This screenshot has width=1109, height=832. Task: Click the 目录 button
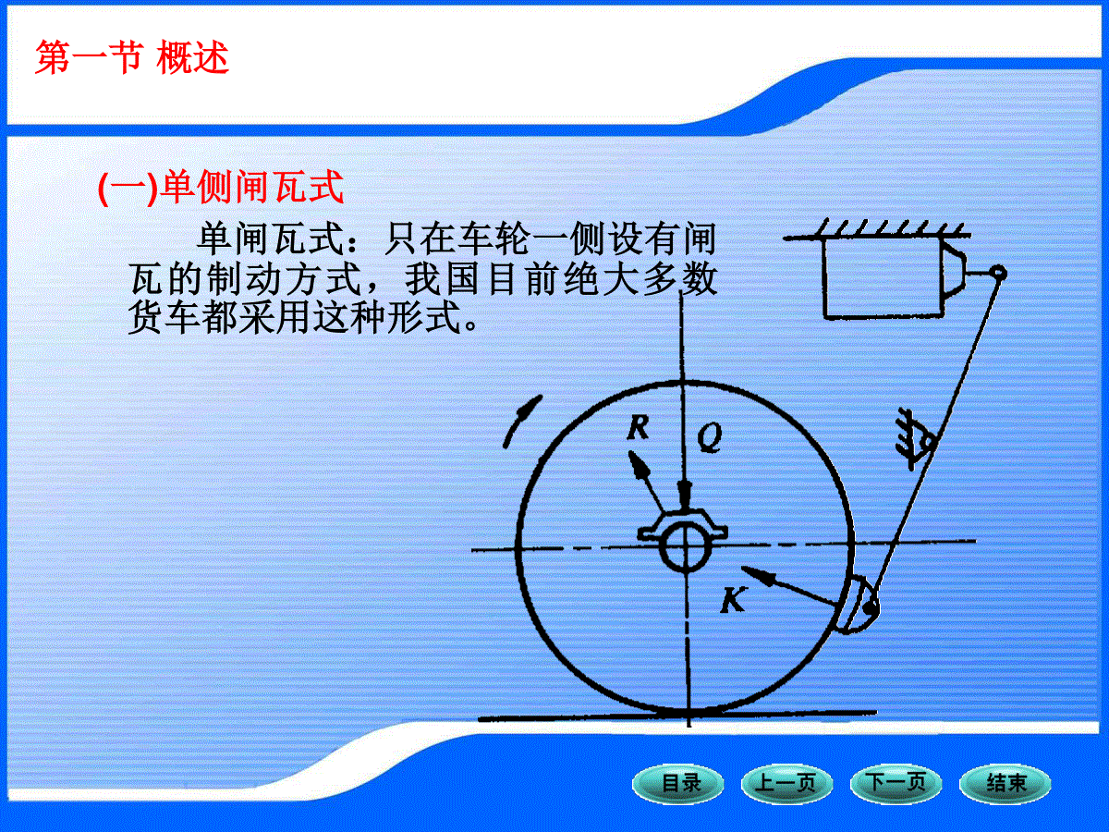click(678, 784)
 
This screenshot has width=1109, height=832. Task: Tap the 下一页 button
click(896, 784)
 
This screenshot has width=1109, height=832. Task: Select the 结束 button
click(1005, 784)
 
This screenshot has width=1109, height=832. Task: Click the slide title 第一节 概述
click(132, 58)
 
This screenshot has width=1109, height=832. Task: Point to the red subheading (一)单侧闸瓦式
click(221, 188)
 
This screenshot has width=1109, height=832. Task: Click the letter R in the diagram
click(638, 427)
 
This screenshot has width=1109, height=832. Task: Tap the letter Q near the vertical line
click(710, 437)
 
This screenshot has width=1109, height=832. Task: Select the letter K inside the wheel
click(733, 600)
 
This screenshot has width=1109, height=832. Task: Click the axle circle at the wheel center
click(685, 546)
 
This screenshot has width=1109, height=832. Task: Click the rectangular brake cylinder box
click(884, 278)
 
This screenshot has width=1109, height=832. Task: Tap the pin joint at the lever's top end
click(998, 274)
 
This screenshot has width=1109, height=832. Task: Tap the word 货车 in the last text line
click(165, 318)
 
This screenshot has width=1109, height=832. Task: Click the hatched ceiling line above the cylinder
click(877, 230)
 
